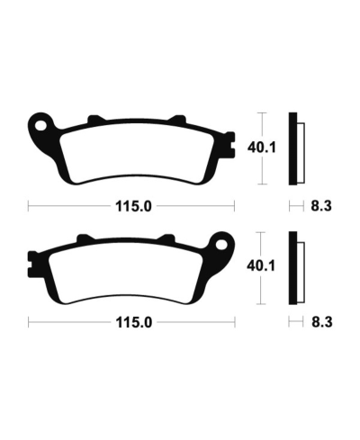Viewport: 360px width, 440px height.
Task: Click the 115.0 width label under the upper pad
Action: click(x=130, y=205)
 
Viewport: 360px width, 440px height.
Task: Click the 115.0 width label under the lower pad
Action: click(x=130, y=321)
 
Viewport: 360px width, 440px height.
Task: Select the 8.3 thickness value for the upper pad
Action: click(x=319, y=205)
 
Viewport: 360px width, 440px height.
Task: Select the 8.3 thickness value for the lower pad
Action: click(x=319, y=321)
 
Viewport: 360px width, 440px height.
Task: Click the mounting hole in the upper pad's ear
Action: click(x=40, y=121)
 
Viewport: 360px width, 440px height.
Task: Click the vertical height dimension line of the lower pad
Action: click(x=262, y=288)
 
